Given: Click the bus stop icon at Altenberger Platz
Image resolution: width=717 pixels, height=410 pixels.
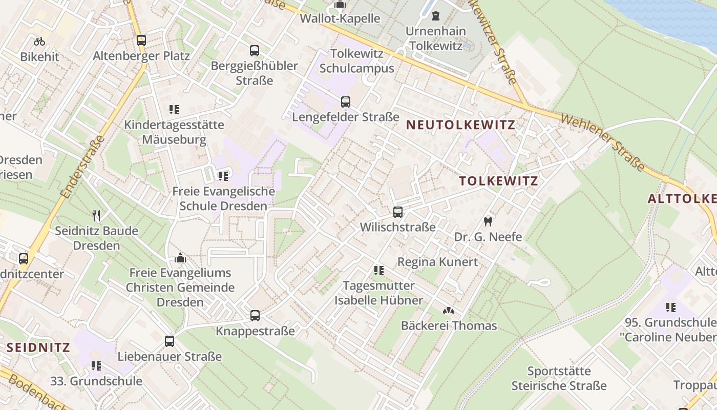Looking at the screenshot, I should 141,40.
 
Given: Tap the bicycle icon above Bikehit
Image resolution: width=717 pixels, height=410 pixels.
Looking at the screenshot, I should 39,42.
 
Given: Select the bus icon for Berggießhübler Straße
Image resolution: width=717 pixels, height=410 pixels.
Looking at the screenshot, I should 255,51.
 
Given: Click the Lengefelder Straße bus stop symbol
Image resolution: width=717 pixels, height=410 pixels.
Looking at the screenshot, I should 346,101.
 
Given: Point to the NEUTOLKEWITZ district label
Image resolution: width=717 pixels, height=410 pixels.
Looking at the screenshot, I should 460,125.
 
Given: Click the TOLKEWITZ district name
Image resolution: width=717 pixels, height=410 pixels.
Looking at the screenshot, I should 498,181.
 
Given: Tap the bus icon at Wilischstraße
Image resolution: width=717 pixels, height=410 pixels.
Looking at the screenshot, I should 398,212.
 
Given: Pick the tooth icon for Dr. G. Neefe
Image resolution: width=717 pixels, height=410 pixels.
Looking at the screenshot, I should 488,222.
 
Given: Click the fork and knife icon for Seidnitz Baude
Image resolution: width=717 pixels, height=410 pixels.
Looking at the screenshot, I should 96,215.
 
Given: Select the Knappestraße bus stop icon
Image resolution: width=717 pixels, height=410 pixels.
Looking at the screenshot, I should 255,316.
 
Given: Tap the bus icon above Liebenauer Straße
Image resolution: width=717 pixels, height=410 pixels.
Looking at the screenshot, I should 170,341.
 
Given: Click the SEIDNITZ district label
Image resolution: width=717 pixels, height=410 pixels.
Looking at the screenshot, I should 38,347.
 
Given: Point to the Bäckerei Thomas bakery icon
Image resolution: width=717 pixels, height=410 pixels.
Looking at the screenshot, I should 449,311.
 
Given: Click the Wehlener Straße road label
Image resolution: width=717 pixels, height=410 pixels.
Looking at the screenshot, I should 602,142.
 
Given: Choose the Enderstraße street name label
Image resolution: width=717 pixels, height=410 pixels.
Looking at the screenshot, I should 82,167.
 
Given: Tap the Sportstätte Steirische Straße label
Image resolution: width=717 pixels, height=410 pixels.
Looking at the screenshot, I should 559,378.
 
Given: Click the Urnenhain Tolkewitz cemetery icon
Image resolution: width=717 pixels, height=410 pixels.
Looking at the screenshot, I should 435,16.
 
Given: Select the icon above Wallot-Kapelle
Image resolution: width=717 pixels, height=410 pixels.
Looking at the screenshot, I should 340,5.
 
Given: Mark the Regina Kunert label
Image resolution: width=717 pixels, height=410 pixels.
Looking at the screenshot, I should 437,262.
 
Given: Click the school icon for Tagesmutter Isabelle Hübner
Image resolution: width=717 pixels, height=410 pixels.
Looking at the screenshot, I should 379,270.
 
